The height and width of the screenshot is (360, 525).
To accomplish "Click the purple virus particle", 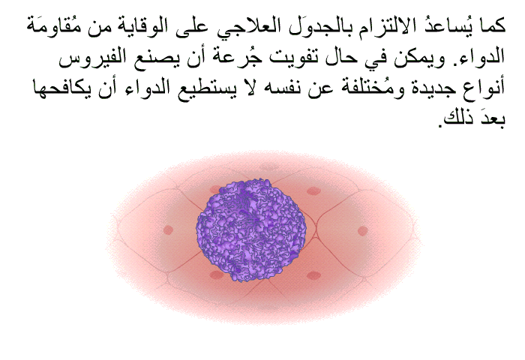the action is pos(251,230).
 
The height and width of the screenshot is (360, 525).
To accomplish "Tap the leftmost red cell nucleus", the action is pos(168,230).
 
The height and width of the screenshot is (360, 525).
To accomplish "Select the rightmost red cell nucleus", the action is pos(362,231).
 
